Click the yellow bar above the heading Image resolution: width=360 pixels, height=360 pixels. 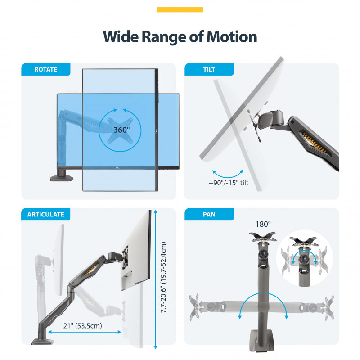[x=180, y=9]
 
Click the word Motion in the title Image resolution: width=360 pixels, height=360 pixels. [x=232, y=37]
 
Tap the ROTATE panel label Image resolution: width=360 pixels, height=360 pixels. [x=46, y=69]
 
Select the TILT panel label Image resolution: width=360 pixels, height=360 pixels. [x=209, y=69]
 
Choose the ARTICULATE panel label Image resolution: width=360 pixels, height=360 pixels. [x=46, y=215]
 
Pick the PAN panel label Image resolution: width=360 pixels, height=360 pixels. [x=209, y=215]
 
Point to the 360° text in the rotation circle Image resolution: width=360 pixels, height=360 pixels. [x=121, y=130]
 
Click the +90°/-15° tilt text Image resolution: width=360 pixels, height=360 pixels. [x=229, y=183]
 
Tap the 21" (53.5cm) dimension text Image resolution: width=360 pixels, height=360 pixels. [x=83, y=325]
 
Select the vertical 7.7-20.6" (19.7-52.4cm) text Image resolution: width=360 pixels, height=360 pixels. [x=163, y=277]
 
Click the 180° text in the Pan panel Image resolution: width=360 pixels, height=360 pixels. [x=263, y=224]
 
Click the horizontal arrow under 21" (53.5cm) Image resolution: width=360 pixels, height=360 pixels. [x=85, y=332]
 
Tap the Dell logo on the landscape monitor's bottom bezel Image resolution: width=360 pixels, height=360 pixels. [x=117, y=168]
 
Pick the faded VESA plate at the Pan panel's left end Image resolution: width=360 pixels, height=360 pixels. [x=194, y=307]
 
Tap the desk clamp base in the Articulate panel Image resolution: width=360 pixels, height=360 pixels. [x=42, y=341]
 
